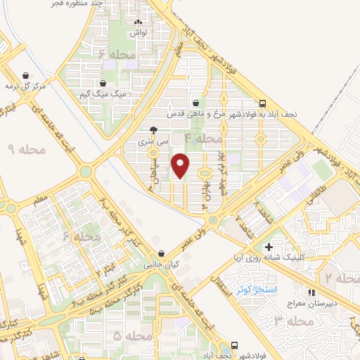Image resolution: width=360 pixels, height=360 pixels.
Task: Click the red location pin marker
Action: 181,165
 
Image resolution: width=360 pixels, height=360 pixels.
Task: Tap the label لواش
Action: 138,33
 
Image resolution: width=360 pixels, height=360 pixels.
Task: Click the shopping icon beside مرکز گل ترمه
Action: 25,76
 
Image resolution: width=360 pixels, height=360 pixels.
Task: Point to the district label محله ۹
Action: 27,149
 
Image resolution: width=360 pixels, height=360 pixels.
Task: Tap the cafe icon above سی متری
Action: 154,129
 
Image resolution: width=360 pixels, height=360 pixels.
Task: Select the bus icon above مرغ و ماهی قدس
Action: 262,103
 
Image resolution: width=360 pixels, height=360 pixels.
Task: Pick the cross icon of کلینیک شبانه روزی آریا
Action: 269,247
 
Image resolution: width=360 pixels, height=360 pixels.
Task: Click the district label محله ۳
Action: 294,321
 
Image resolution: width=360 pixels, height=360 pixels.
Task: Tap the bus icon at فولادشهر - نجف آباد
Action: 234,346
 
